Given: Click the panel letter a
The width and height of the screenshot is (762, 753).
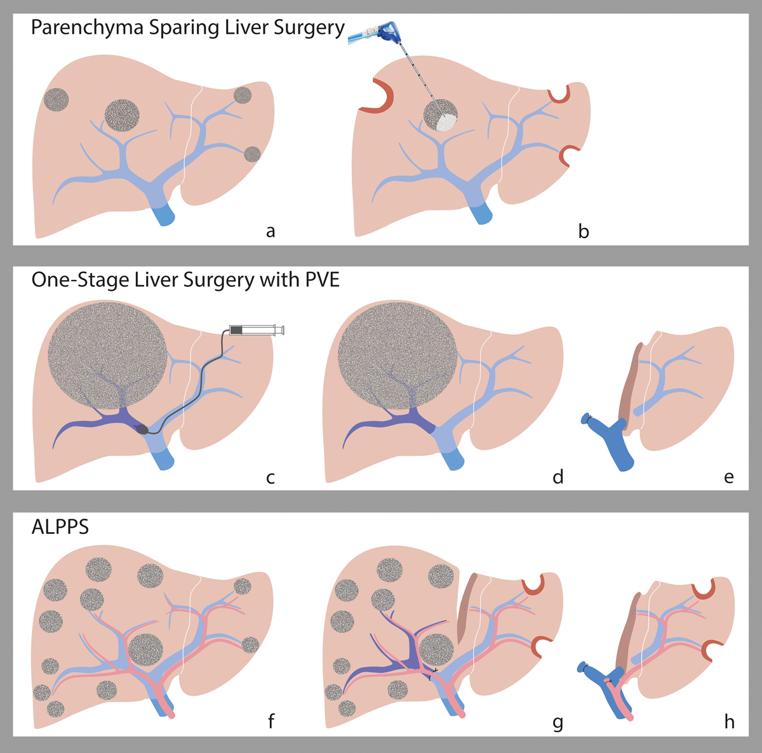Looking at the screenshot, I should tap(271, 232).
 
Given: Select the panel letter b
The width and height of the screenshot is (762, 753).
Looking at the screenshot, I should tap(584, 232).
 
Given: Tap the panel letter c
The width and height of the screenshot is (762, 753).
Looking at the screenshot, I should tap(271, 477).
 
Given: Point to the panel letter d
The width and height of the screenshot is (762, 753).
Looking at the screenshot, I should tap(558, 477).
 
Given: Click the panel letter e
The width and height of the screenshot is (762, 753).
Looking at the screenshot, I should tap(728, 477).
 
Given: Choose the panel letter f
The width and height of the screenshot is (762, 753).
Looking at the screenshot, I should tap(271, 722).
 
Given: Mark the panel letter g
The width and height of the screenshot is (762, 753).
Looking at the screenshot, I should tap(558, 722).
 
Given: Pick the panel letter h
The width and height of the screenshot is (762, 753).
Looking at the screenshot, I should tap(729, 722).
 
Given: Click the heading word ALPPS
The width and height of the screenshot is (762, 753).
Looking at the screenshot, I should tap(60, 527).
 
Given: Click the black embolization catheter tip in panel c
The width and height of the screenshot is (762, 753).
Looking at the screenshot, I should tap(143, 430).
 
